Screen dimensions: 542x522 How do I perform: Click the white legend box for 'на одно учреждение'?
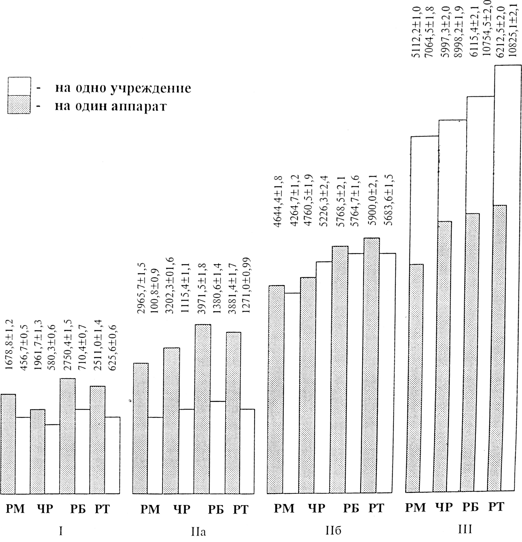[19, 87]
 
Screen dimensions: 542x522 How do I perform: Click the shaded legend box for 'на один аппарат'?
[19, 104]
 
